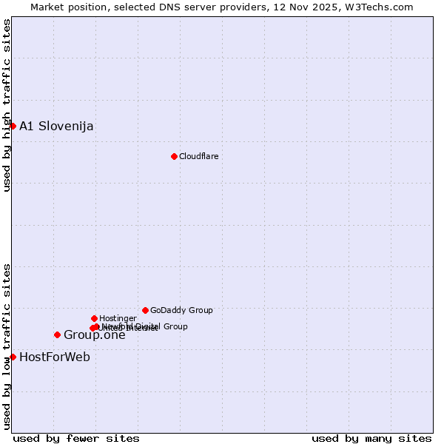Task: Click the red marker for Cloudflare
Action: tap(174, 156)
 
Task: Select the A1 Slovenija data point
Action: tap(13, 126)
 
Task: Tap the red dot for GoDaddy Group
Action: tap(145, 310)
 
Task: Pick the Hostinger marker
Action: tap(94, 318)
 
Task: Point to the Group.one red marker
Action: tap(57, 334)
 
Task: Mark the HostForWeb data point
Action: tap(13, 357)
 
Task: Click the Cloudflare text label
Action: tap(198, 156)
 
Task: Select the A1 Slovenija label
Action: tap(56, 126)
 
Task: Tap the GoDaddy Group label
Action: tap(181, 310)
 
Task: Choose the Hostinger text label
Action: tap(118, 318)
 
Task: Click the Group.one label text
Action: tap(94, 335)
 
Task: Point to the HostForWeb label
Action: tap(55, 357)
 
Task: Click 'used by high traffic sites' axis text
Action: tap(7, 105)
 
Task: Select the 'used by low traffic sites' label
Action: tap(7, 346)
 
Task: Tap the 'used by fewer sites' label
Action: tap(76, 438)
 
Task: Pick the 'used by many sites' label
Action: tap(371, 438)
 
